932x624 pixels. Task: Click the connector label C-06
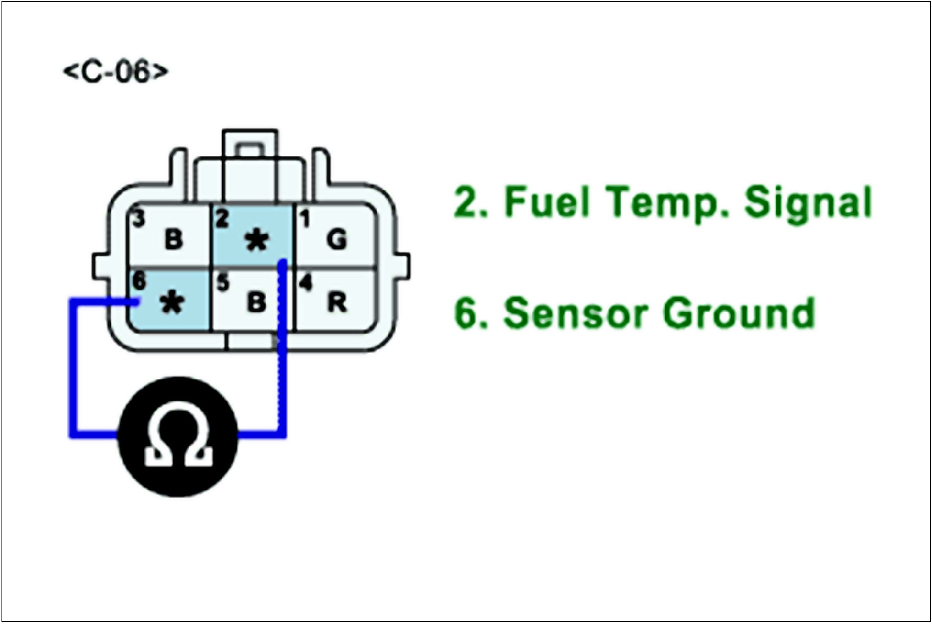coord(116,72)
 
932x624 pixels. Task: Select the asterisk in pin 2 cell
coord(257,241)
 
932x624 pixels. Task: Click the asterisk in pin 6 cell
coord(172,303)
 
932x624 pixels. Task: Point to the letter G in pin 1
coord(337,240)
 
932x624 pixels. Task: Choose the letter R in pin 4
coord(337,302)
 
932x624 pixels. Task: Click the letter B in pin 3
coord(173,240)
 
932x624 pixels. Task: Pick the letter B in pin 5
coord(256,302)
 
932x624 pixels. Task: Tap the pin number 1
coord(305,219)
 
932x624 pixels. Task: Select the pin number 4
coord(306,282)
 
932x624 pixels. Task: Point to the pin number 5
coord(223,282)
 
